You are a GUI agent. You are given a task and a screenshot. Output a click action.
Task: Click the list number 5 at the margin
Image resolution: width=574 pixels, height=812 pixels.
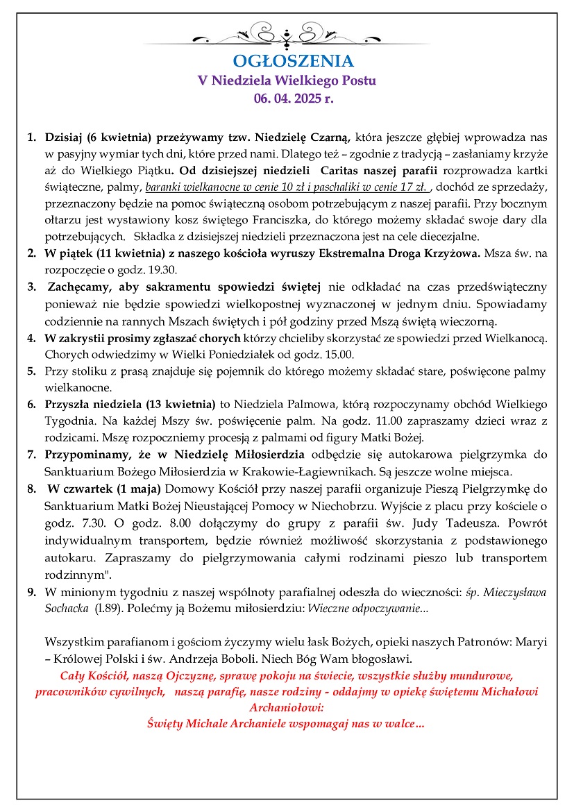click(x=31, y=371)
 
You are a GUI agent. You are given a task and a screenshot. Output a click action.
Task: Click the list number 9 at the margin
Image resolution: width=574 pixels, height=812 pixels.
click(x=31, y=591)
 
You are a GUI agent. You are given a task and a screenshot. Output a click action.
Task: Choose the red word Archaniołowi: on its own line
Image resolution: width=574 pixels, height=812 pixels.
click(x=287, y=707)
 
